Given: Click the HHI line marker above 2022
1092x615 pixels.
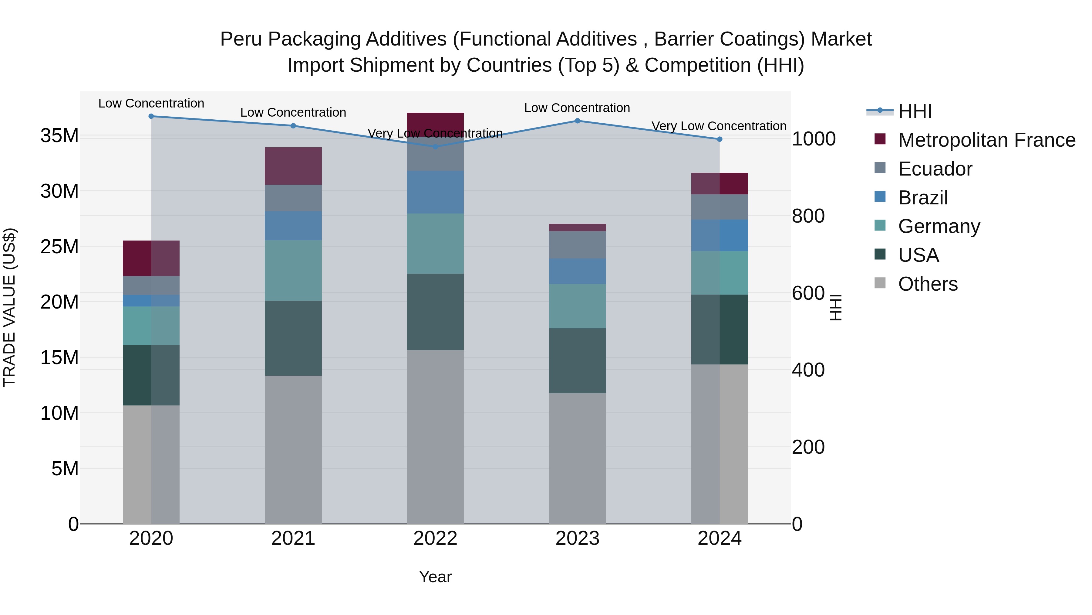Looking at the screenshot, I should pyautogui.click(x=435, y=146).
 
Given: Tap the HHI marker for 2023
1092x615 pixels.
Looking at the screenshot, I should pyautogui.click(x=577, y=121).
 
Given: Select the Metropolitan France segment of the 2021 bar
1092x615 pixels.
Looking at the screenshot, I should pyautogui.click(x=293, y=166).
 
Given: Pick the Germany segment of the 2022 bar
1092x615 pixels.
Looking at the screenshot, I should pyautogui.click(x=435, y=243).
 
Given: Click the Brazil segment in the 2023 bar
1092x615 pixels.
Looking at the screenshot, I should pyautogui.click(x=577, y=271).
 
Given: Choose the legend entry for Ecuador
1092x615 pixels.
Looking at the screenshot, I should pyautogui.click(x=935, y=169).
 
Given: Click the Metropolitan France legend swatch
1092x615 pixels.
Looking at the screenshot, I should pyautogui.click(x=880, y=139).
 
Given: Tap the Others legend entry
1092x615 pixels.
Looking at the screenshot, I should pyautogui.click(x=928, y=284).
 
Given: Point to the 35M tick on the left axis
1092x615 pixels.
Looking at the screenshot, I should pyautogui.click(x=59, y=136).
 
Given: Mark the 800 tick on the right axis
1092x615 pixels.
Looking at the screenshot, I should pyautogui.click(x=808, y=216).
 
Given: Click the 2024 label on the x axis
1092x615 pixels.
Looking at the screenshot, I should pyautogui.click(x=720, y=538).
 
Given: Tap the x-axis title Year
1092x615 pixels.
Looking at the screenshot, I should pyautogui.click(x=435, y=577).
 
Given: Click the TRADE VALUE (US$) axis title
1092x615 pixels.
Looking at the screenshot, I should pyautogui.click(x=9, y=307).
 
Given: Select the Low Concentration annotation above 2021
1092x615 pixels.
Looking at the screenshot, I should pyautogui.click(x=293, y=112).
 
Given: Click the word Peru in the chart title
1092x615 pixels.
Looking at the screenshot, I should pyautogui.click(x=241, y=39).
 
